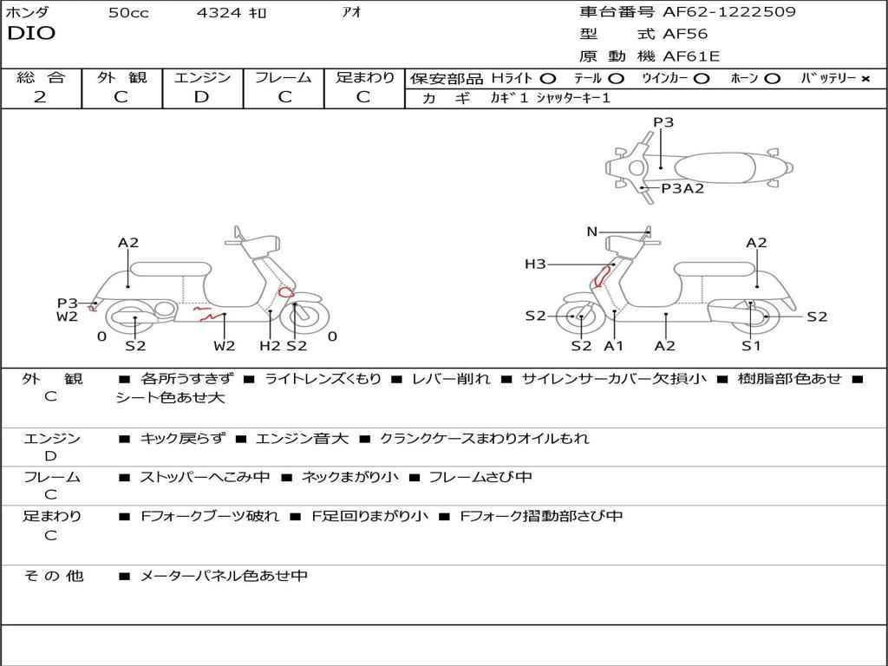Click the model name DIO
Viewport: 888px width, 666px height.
(x=31, y=34)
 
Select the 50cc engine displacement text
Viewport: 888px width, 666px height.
(x=128, y=13)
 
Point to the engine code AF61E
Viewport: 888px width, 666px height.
(x=691, y=57)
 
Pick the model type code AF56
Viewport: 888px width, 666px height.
(x=685, y=35)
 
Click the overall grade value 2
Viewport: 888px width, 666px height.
(x=40, y=97)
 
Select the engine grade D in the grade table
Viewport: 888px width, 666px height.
(x=202, y=97)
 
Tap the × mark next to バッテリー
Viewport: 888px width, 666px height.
(x=865, y=78)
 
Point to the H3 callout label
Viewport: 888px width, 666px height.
(x=535, y=264)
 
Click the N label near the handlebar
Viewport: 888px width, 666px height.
(x=591, y=232)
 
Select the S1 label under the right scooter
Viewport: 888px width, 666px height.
(x=751, y=346)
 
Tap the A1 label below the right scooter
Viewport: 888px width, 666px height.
(x=614, y=346)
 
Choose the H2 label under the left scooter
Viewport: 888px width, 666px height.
(x=270, y=346)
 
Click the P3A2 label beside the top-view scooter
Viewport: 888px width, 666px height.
(x=682, y=188)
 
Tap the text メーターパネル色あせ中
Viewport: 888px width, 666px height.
(x=224, y=576)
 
